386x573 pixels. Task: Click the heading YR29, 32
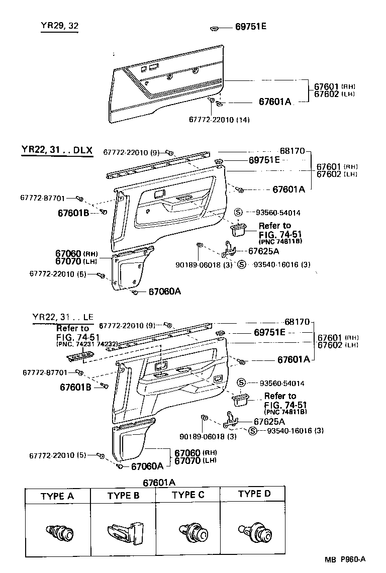point(60,26)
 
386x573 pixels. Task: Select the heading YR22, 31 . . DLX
point(57,150)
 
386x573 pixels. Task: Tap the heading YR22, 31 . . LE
point(63,317)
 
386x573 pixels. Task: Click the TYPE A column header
point(57,496)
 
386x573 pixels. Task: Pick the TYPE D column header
point(254,494)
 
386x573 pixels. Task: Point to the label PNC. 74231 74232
point(86,344)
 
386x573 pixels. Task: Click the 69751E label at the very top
point(251,26)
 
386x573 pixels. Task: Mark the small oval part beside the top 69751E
point(215,27)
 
